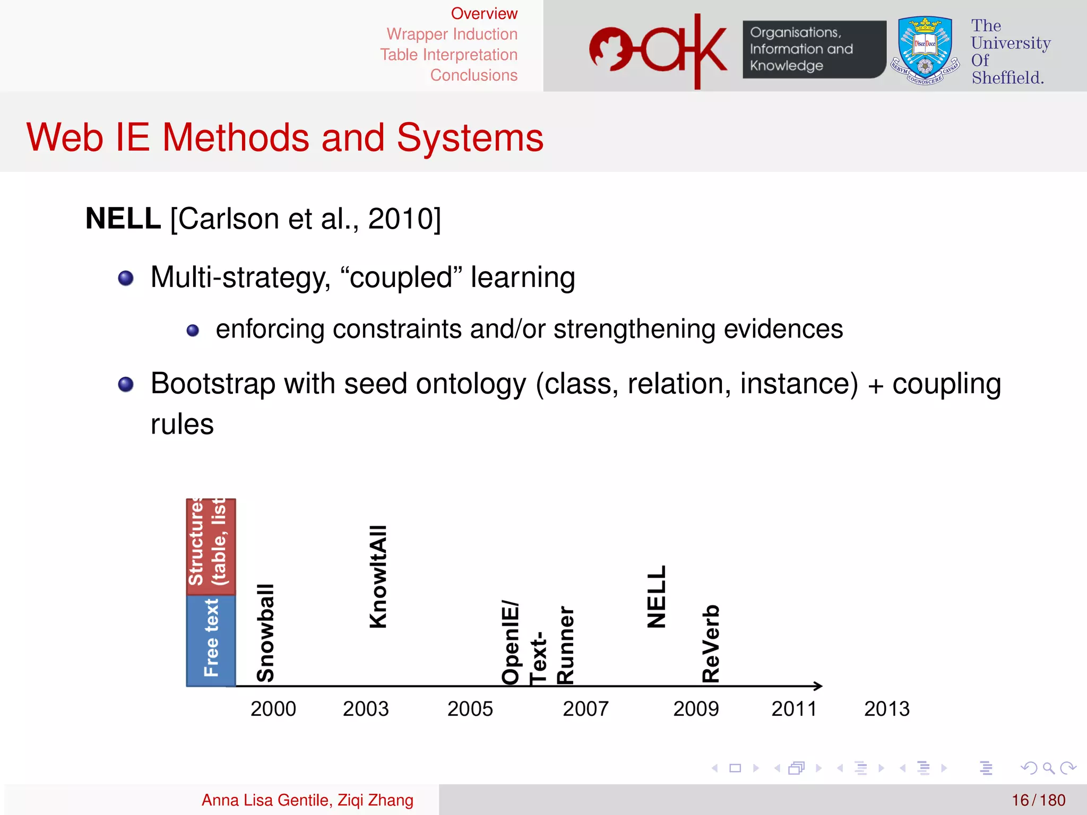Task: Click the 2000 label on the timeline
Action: [x=273, y=709]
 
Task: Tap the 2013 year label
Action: [x=886, y=709]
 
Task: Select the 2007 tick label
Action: [x=585, y=709]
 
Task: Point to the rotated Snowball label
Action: [x=265, y=632]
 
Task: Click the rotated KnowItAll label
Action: [x=378, y=577]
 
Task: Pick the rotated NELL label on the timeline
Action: [x=657, y=596]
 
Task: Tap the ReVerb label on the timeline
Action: [x=711, y=643]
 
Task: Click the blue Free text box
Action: [x=211, y=640]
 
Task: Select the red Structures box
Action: [x=211, y=547]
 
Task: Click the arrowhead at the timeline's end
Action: [x=818, y=686]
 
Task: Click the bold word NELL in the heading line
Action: [x=123, y=219]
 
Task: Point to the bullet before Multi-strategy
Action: [x=126, y=278]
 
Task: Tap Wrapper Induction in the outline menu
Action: [x=452, y=34]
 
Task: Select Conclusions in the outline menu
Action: [x=473, y=75]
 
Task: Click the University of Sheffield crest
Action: [x=925, y=50]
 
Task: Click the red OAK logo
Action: [x=658, y=50]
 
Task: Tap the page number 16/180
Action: [x=1038, y=800]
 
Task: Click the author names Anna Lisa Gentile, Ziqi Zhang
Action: [x=307, y=800]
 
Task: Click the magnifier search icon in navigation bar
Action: [x=1048, y=768]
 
